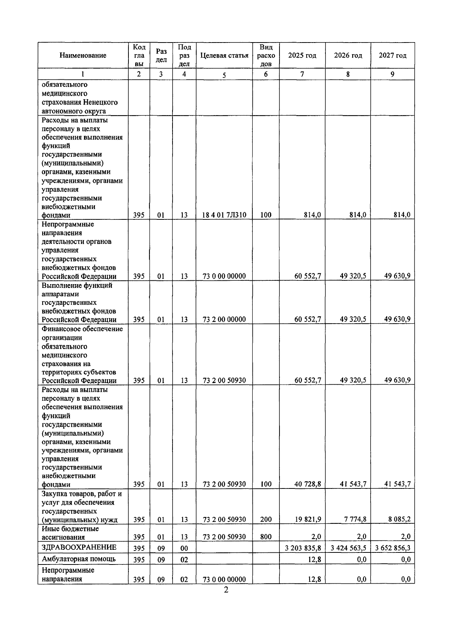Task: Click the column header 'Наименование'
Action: [83, 55]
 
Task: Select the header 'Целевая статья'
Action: [224, 55]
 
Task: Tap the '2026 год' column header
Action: [348, 55]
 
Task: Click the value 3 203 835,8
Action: [303, 548]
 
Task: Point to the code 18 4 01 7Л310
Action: [224, 215]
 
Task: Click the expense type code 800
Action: [266, 537]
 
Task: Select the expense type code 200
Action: [266, 519]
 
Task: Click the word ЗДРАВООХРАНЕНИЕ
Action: [79, 547]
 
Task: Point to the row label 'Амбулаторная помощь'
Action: [79, 559]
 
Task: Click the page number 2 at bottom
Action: [226, 590]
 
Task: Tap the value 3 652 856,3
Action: [393, 548]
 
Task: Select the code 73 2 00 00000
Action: [224, 319]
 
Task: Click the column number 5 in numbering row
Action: [224, 75]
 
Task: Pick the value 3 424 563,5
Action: [348, 548]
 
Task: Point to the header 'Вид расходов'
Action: [266, 55]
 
